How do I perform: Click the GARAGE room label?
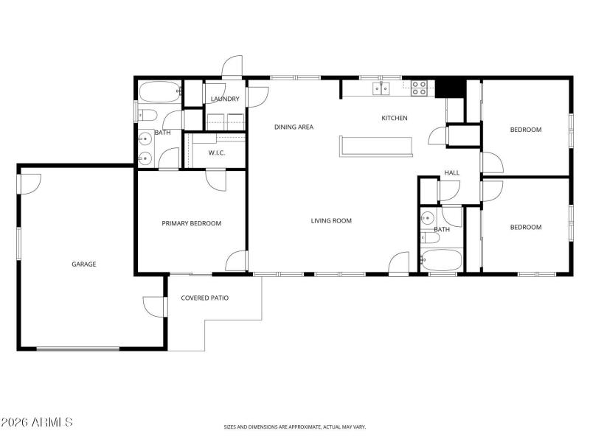click(x=83, y=264)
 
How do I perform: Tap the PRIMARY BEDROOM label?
click(x=191, y=223)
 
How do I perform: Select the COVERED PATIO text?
click(x=204, y=298)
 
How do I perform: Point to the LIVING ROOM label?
click(x=330, y=220)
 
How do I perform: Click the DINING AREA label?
click(x=294, y=127)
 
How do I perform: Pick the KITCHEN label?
click(x=394, y=118)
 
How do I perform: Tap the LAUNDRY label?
click(x=223, y=99)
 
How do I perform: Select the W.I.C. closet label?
click(x=216, y=153)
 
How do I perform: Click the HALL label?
click(x=451, y=173)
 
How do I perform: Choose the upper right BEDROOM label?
click(x=525, y=130)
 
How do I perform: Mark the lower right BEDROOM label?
click(x=525, y=227)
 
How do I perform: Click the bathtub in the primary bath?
click(x=159, y=93)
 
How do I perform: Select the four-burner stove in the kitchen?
click(x=419, y=88)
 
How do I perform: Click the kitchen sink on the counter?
click(x=381, y=88)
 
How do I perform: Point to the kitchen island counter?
click(x=376, y=146)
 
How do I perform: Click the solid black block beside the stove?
click(x=450, y=88)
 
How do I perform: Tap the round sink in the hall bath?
click(x=427, y=218)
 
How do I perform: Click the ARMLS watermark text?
click(x=37, y=422)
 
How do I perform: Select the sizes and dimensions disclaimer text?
click(x=295, y=427)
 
